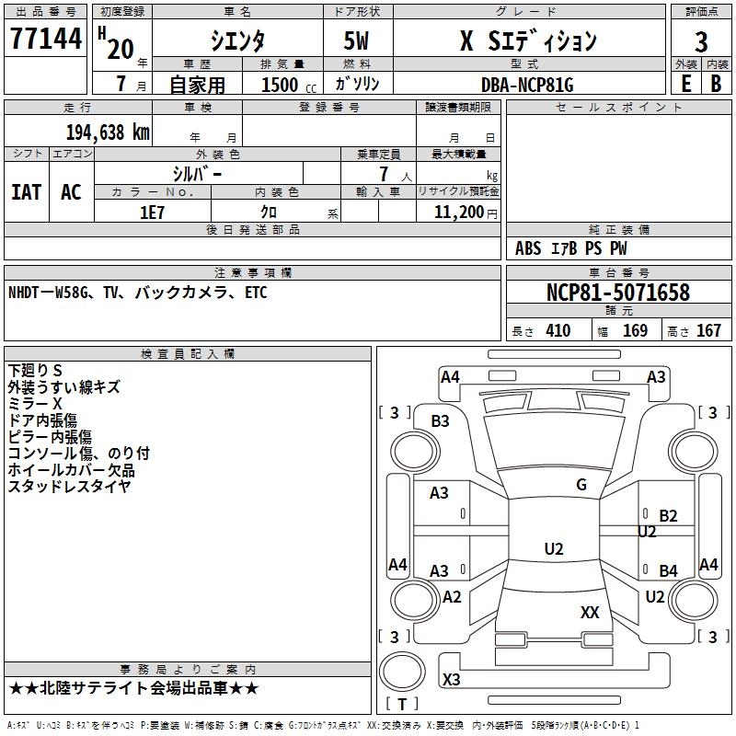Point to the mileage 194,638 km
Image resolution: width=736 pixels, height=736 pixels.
tap(108, 132)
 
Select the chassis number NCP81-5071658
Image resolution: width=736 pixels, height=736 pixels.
tap(617, 293)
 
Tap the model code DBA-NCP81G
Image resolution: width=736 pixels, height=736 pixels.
tap(527, 85)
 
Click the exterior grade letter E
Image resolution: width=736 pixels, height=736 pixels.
tap(685, 84)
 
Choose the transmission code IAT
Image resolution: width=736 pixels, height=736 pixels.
tap(26, 191)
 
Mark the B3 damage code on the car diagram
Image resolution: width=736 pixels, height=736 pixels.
tap(440, 421)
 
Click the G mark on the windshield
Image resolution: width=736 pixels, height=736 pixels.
tap(581, 485)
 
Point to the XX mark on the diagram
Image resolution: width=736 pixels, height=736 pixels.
tap(590, 612)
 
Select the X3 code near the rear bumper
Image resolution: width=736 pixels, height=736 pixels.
tap(452, 679)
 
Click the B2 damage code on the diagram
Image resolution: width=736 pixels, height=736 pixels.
tap(668, 516)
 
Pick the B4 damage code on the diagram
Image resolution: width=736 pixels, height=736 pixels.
tap(668, 571)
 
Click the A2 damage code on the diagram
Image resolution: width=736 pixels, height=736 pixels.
tap(452, 597)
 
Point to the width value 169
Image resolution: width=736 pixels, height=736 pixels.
tap(635, 331)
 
